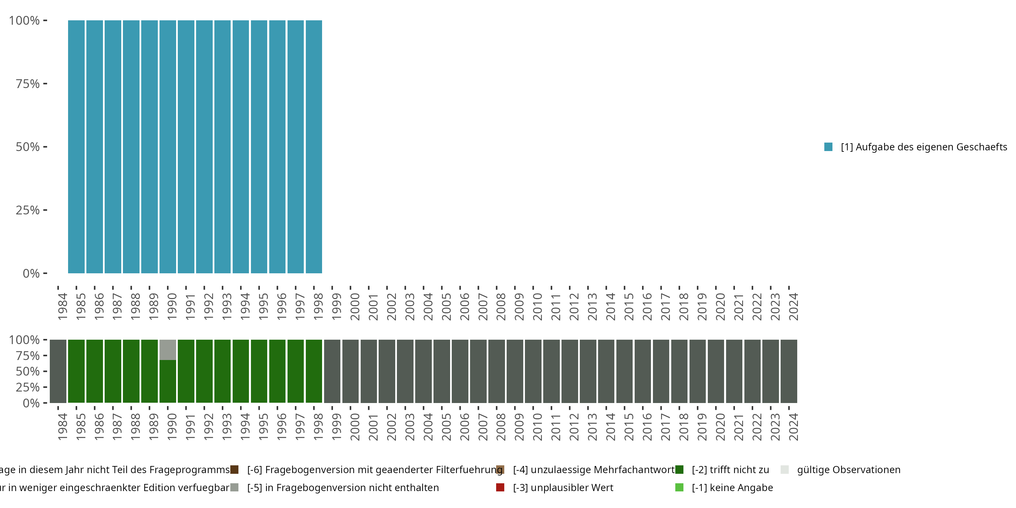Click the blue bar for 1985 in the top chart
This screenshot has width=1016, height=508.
click(76, 147)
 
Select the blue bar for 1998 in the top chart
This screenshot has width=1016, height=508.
click(314, 147)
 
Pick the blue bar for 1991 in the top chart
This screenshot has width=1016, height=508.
click(186, 147)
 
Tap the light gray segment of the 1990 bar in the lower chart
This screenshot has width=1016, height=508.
click(168, 350)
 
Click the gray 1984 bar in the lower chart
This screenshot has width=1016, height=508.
click(58, 371)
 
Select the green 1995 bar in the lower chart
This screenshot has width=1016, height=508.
click(259, 371)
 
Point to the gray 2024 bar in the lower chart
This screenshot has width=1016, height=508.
click(789, 371)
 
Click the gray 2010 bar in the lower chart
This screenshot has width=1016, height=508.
click(533, 371)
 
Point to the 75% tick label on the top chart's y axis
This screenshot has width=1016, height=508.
click(28, 84)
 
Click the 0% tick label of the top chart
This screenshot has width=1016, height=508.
click(31, 273)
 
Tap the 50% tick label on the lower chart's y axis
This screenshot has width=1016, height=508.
click(28, 371)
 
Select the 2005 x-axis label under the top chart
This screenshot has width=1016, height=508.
click(446, 306)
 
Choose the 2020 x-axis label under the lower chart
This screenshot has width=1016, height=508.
click(720, 427)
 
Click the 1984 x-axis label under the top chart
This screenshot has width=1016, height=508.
click(62, 306)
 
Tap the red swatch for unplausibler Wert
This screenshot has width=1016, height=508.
click(500, 487)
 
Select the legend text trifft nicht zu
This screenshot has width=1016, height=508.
click(730, 470)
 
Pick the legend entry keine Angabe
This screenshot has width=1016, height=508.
click(732, 487)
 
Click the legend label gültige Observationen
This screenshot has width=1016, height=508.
click(848, 470)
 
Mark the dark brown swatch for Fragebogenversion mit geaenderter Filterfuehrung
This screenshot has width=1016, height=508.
click(234, 470)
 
